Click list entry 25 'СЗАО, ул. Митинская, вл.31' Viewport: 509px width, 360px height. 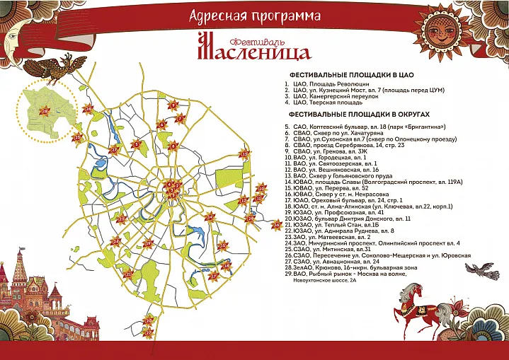pyautogui.click(x=328, y=249)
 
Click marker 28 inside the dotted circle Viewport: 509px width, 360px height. pyautogui.click(x=46, y=111)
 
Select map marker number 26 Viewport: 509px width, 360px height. pyautogui.click(x=88, y=109)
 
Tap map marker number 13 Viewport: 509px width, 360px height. pyautogui.click(x=246, y=155)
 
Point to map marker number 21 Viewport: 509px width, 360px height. pyautogui.click(x=128, y=274)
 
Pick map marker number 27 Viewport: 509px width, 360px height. pyautogui.click(x=114, y=149)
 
